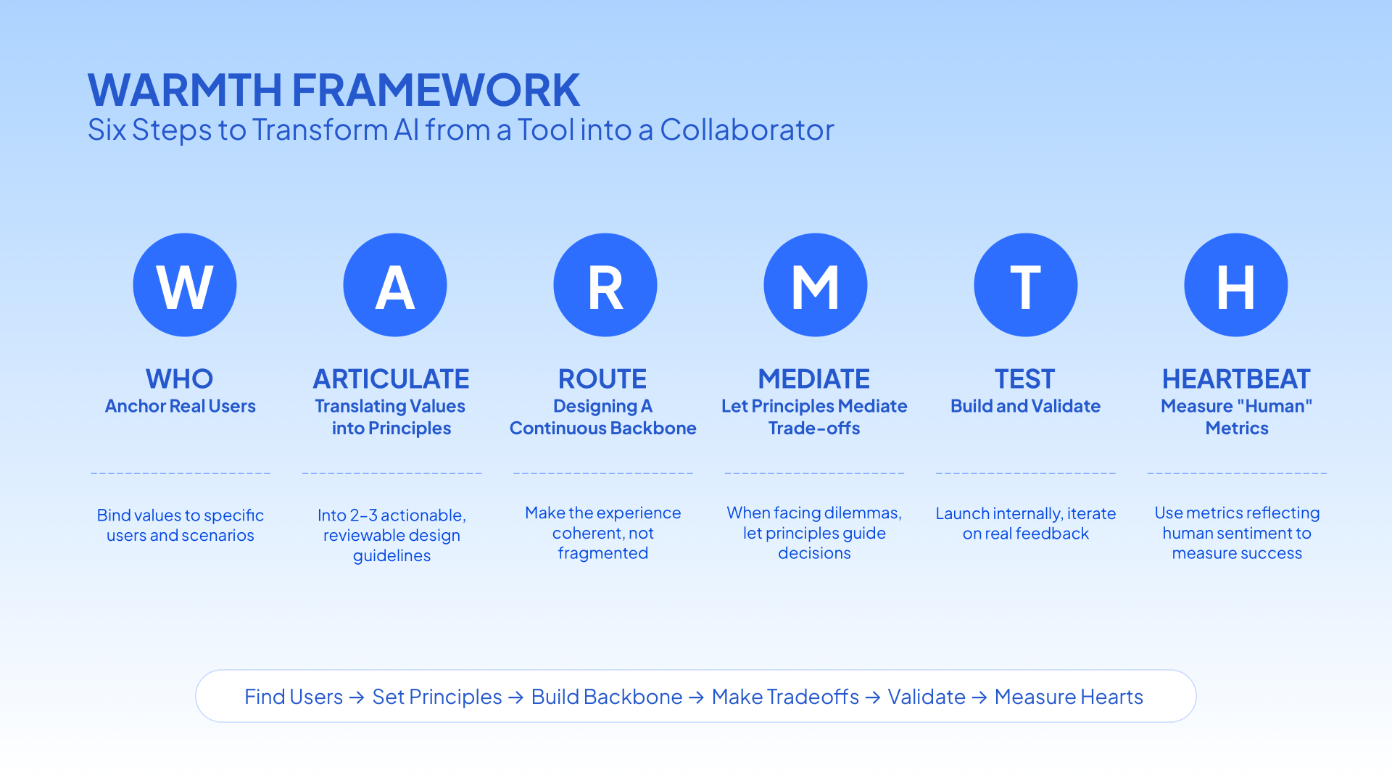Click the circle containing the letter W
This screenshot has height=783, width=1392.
tap(185, 285)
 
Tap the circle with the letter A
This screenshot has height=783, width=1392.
tap(395, 285)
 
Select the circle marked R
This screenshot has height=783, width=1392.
tap(605, 285)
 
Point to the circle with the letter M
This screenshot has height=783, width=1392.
tap(816, 285)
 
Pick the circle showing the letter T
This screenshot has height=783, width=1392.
tap(1026, 285)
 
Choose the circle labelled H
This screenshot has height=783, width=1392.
tap(1236, 285)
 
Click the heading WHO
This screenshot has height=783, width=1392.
tap(180, 379)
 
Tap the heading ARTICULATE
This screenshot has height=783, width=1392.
tap(391, 379)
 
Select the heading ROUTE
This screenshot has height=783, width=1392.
tap(602, 379)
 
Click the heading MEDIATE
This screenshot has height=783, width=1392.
tap(814, 379)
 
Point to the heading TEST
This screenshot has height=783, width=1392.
tap(1025, 379)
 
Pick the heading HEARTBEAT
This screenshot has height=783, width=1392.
tap(1237, 379)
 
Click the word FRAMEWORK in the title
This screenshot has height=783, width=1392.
tap(436, 90)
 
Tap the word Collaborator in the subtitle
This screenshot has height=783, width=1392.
tap(747, 130)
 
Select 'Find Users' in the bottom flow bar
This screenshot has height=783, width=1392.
tap(294, 697)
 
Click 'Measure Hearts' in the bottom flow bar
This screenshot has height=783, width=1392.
tap(1069, 697)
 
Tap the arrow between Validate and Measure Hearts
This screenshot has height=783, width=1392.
tap(979, 697)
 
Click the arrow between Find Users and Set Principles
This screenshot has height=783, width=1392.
tap(357, 697)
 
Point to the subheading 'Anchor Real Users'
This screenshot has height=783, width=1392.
tap(181, 406)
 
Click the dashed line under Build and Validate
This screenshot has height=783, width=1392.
tap(1026, 473)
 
